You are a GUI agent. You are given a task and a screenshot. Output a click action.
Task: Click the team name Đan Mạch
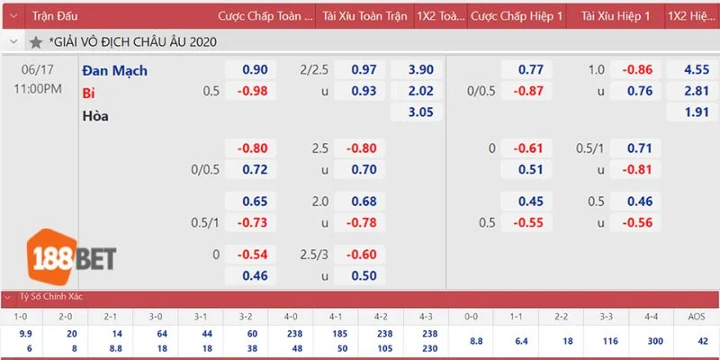[x=114, y=70]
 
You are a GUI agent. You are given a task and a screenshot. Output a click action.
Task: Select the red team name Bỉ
[x=88, y=93]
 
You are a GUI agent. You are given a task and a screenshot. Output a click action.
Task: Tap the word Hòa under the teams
[x=95, y=115]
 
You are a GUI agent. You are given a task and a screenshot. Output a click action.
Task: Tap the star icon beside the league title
[x=35, y=42]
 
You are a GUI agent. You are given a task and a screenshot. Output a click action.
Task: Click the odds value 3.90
[x=420, y=70]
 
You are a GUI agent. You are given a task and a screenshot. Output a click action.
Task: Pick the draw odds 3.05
[x=420, y=112]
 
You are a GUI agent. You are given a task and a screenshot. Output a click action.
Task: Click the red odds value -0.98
[x=252, y=91]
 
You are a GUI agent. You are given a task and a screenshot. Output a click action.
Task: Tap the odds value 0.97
[x=364, y=70]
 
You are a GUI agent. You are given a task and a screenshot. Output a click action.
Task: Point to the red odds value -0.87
[x=528, y=91]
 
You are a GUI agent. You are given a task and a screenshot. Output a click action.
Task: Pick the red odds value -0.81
[x=638, y=168]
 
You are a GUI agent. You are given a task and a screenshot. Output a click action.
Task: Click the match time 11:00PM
[x=38, y=89]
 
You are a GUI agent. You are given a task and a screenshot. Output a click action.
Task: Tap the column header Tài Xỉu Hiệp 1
[x=616, y=16]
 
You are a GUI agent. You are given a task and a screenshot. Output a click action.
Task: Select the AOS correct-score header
[x=696, y=317]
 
